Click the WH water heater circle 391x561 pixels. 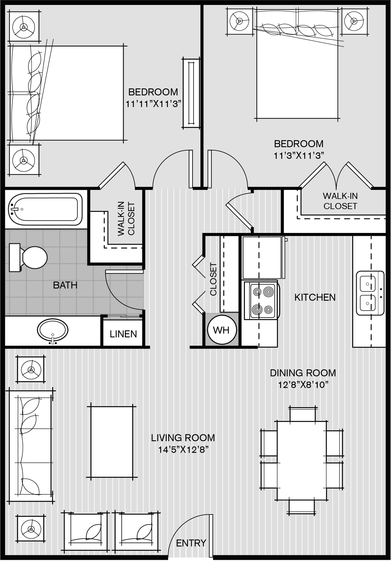222,330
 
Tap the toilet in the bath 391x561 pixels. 28,257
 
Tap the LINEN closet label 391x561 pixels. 123,334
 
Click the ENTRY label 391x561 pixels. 191,543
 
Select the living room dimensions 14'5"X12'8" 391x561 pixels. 184,450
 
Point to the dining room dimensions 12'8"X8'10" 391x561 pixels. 303,385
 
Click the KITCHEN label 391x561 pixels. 315,297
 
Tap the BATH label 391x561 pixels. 65,285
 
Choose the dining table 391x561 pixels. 302,460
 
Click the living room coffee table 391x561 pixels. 112,441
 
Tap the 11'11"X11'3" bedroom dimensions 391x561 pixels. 154,104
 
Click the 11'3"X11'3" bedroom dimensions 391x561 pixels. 299,156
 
